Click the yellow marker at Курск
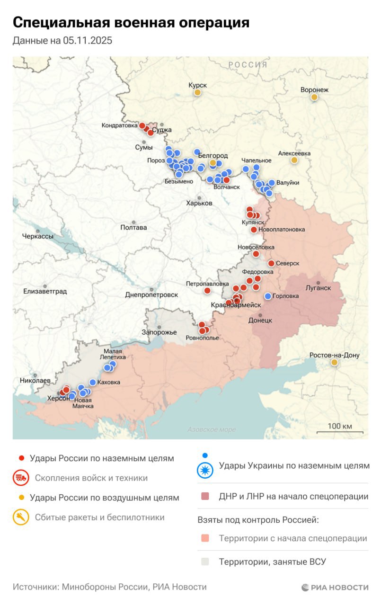click(x=197, y=92)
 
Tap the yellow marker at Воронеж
click(x=314, y=97)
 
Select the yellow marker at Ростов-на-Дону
click(x=334, y=362)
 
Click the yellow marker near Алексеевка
click(x=294, y=160)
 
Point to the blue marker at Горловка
click(x=268, y=296)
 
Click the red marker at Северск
click(x=271, y=263)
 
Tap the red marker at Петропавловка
click(x=207, y=290)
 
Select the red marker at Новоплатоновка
click(x=254, y=230)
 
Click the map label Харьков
click(x=199, y=203)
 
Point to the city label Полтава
click(x=134, y=227)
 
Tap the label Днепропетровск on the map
click(x=151, y=294)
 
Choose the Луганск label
click(x=318, y=287)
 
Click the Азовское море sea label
click(x=212, y=429)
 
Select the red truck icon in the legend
click(x=20, y=478)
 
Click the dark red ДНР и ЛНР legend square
click(x=205, y=497)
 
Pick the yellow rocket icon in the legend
click(x=20, y=517)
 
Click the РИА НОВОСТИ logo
click(x=335, y=588)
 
